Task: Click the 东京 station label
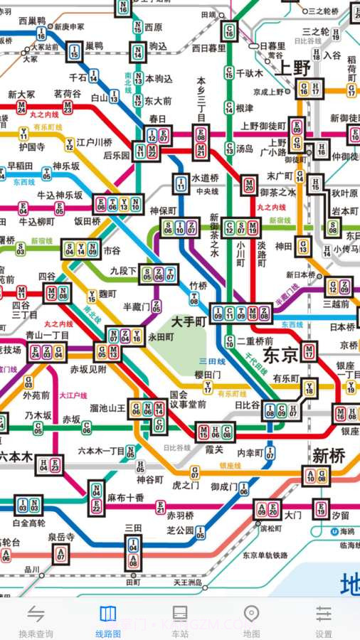click(280, 353)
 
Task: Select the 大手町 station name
click(189, 322)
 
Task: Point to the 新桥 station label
click(329, 454)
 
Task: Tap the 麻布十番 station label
click(126, 498)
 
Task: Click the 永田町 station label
click(162, 338)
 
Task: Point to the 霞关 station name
click(214, 449)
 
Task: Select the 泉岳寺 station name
click(61, 537)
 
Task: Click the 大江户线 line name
click(73, 395)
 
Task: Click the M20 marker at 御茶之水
click(248, 185)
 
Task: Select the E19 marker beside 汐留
click(321, 508)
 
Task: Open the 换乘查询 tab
click(36, 620)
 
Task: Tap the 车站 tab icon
click(180, 614)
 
